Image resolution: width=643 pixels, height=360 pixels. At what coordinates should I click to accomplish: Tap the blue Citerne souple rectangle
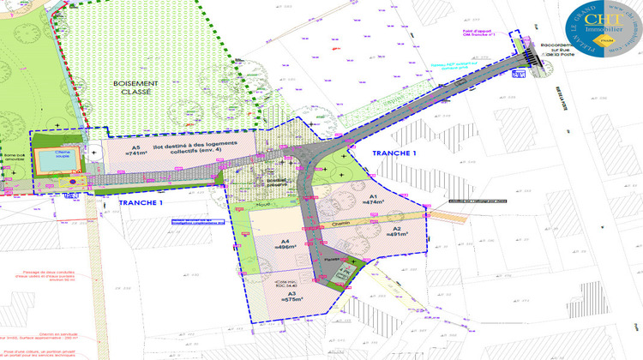[x=51, y=159]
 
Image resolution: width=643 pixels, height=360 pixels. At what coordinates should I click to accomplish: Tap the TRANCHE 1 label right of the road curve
[x=394, y=152]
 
